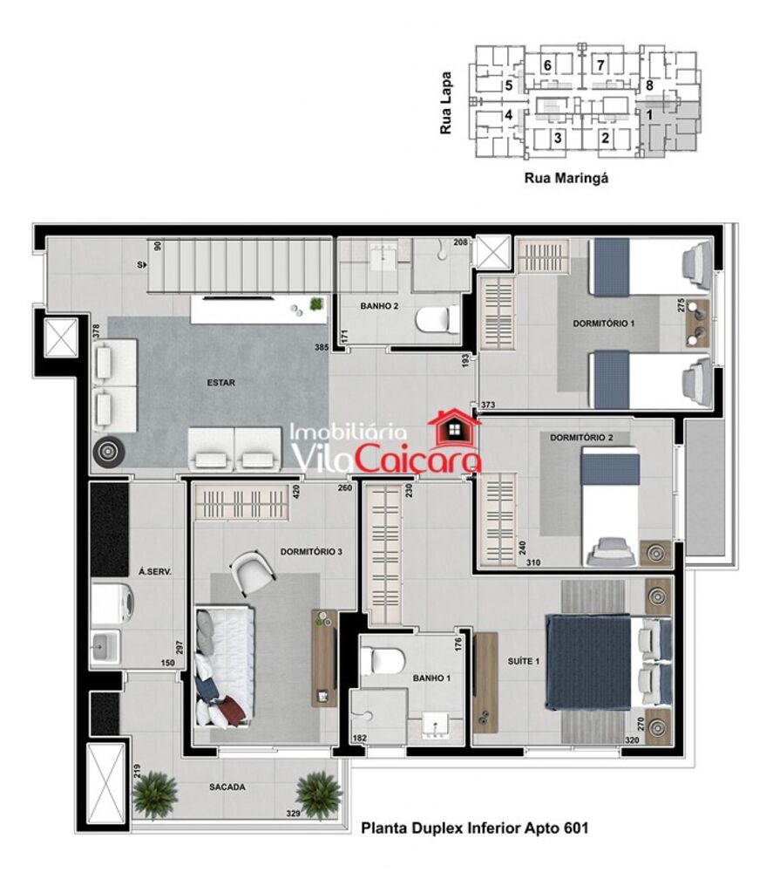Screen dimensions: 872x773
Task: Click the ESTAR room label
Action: [221, 382]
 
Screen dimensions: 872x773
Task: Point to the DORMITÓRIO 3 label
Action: [311, 552]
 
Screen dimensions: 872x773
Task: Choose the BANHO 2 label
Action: [380, 306]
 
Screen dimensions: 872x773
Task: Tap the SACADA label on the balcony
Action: [227, 787]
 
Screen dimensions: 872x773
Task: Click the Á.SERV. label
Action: [154, 572]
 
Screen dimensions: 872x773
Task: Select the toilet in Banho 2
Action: [437, 321]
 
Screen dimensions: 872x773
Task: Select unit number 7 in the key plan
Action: [600, 65]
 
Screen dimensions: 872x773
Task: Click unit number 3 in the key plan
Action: [558, 137]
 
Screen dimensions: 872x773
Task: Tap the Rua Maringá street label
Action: [565, 178]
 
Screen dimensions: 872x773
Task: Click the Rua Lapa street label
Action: [447, 103]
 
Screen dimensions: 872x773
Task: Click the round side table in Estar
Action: [108, 451]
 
